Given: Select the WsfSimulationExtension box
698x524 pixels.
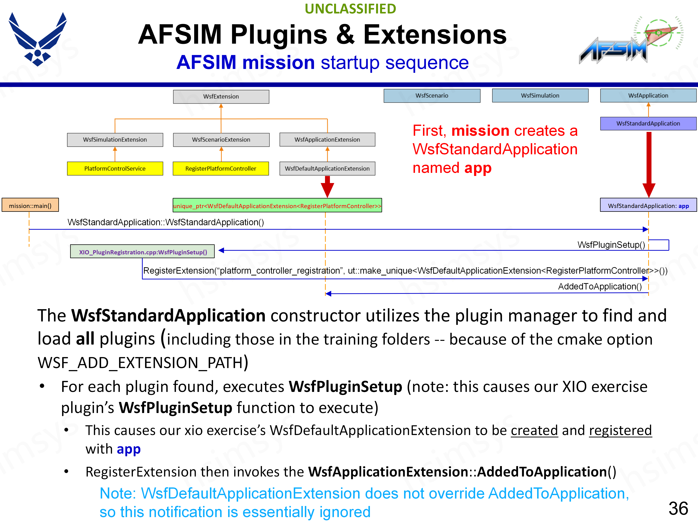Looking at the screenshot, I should (x=115, y=140).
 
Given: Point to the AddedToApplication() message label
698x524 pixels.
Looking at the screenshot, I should (x=599, y=287).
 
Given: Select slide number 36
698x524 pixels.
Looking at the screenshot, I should (x=678, y=509).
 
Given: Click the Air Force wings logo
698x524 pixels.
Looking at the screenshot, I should (x=38, y=39).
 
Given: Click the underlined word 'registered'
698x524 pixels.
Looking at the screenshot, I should (x=620, y=430).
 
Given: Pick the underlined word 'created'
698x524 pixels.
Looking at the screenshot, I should (x=534, y=430).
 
